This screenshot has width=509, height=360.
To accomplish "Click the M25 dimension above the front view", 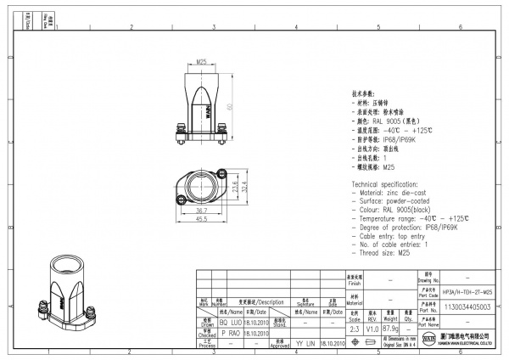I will [x=202, y=62].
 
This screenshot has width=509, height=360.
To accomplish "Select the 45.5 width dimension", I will [x=202, y=218].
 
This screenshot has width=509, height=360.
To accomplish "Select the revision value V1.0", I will [x=373, y=326].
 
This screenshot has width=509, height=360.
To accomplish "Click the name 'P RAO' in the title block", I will [x=208, y=334].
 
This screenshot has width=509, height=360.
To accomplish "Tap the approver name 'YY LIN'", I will [x=305, y=345].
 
